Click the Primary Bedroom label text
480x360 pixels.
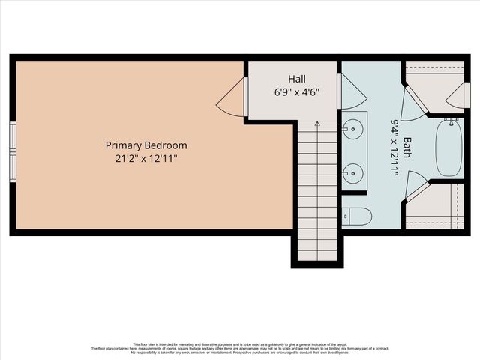pyautogui.click(x=146, y=145)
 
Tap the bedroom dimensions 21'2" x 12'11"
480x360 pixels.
pyautogui.click(x=146, y=158)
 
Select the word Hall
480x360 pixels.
pyautogui.click(x=297, y=79)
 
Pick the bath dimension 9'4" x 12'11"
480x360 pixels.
pyautogui.click(x=394, y=146)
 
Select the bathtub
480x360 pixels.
pyautogui.click(x=448, y=148)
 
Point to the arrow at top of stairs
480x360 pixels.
pyautogui.click(x=317, y=126)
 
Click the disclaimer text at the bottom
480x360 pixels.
pyautogui.click(x=240, y=348)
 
